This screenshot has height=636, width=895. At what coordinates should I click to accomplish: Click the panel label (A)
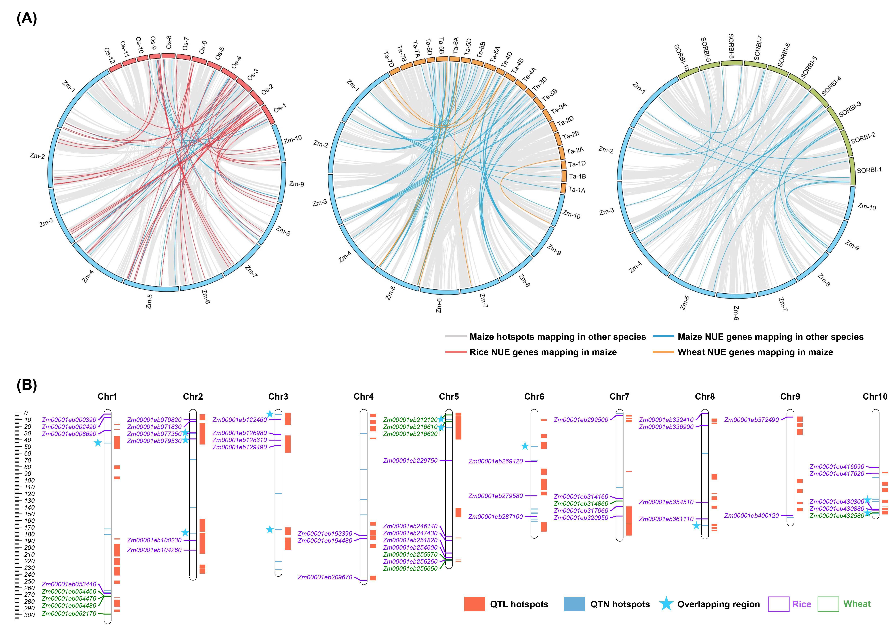pos(27,18)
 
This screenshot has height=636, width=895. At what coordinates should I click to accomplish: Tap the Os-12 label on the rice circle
pos(109,56)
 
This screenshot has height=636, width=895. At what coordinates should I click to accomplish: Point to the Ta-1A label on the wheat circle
pos(576,190)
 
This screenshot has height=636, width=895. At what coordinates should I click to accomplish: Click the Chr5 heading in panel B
pos(449,397)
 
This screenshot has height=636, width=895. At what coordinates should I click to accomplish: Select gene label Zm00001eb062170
pos(69,614)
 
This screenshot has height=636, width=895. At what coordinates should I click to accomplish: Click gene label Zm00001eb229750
pos(410,461)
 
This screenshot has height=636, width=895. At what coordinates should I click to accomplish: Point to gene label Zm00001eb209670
pos(325,577)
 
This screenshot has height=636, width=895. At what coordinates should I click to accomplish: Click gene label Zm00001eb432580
pos(837,516)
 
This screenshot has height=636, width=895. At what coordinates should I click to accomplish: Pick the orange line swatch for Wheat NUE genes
pos(663,352)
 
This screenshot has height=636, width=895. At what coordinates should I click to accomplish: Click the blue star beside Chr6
pos(525,446)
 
